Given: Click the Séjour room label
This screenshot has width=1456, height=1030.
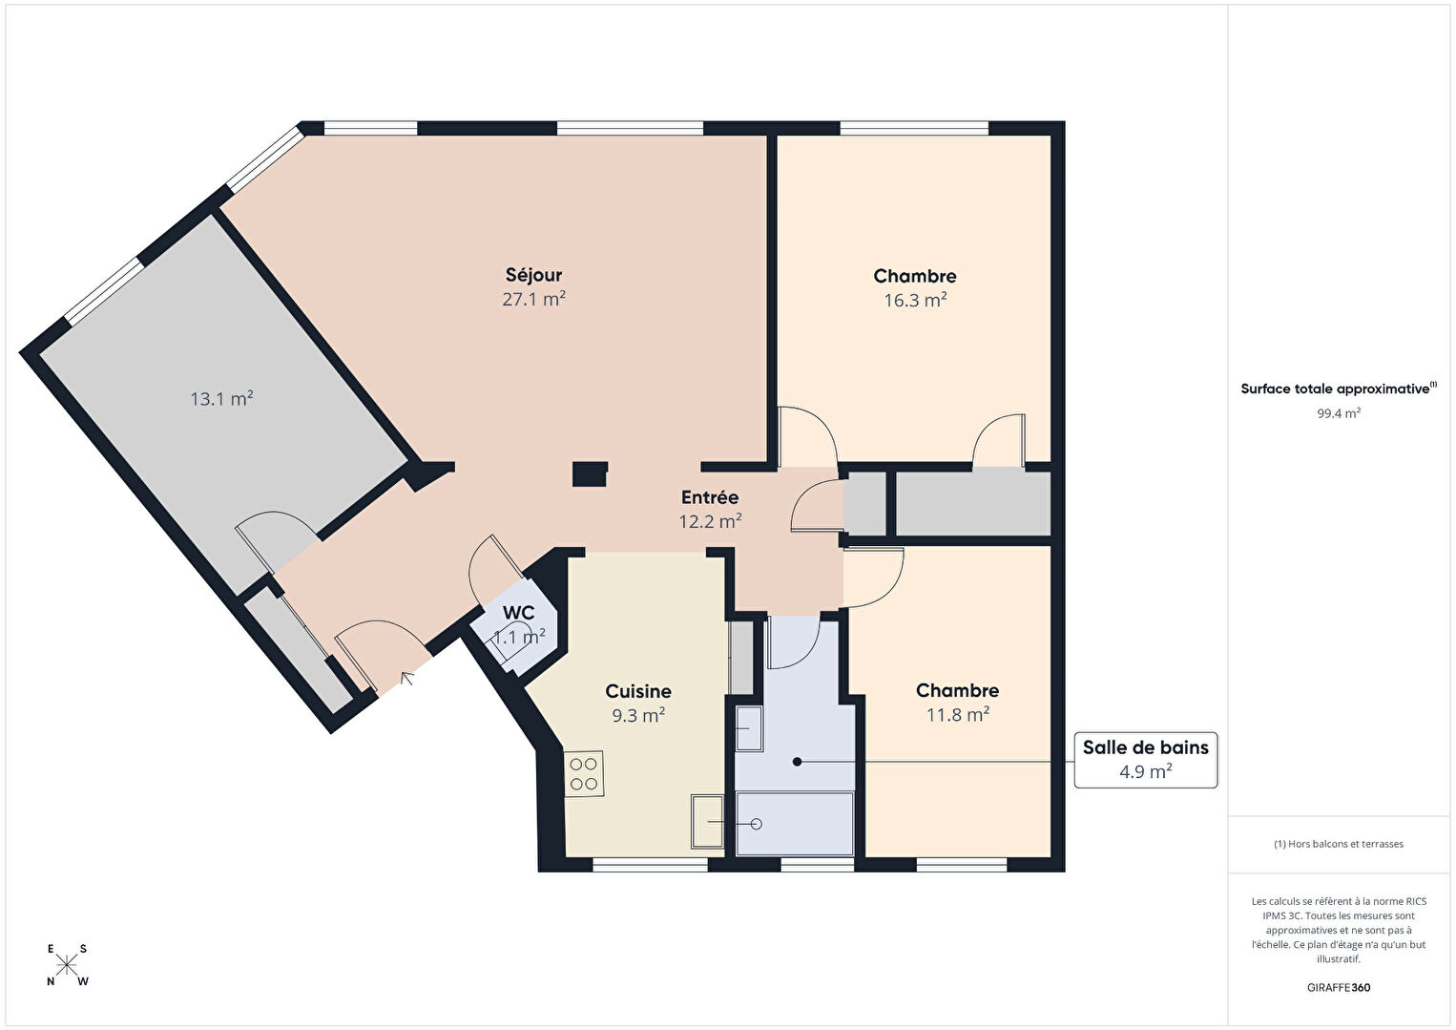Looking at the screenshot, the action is (x=533, y=275).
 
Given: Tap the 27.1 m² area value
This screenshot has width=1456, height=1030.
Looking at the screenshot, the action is (x=533, y=299).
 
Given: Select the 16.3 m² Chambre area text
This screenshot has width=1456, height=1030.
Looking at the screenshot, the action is (x=915, y=300).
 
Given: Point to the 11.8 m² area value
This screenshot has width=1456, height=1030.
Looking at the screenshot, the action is (x=957, y=715).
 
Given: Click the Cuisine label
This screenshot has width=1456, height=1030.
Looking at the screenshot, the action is (x=638, y=690).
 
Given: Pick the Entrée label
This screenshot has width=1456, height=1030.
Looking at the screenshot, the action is (x=710, y=497).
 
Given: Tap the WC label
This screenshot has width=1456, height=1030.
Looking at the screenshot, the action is (x=519, y=613).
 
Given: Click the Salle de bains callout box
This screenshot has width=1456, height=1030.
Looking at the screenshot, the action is (x=1145, y=760).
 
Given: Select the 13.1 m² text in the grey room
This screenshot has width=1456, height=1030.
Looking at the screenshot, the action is (x=221, y=399).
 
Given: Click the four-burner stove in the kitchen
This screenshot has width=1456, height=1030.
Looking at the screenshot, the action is (x=584, y=774).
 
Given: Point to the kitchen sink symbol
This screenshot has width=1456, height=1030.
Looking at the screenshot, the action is (x=707, y=822).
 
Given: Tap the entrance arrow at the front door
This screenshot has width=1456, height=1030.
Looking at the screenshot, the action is (x=407, y=678).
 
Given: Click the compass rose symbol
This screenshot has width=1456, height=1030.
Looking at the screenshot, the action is (x=66, y=964).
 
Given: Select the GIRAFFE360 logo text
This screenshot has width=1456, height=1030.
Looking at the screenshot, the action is (x=1339, y=987).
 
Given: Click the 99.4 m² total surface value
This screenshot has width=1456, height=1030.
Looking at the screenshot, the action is (x=1339, y=413).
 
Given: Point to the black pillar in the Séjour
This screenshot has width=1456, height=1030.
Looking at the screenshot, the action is (x=590, y=474).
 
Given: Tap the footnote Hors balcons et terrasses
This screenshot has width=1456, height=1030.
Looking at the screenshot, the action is (x=1339, y=844).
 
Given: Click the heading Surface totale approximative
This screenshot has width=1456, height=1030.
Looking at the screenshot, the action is (x=1339, y=389).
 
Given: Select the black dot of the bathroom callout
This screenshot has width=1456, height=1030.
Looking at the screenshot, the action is (x=797, y=762).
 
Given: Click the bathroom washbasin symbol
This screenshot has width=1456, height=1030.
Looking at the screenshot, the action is (x=749, y=728).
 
